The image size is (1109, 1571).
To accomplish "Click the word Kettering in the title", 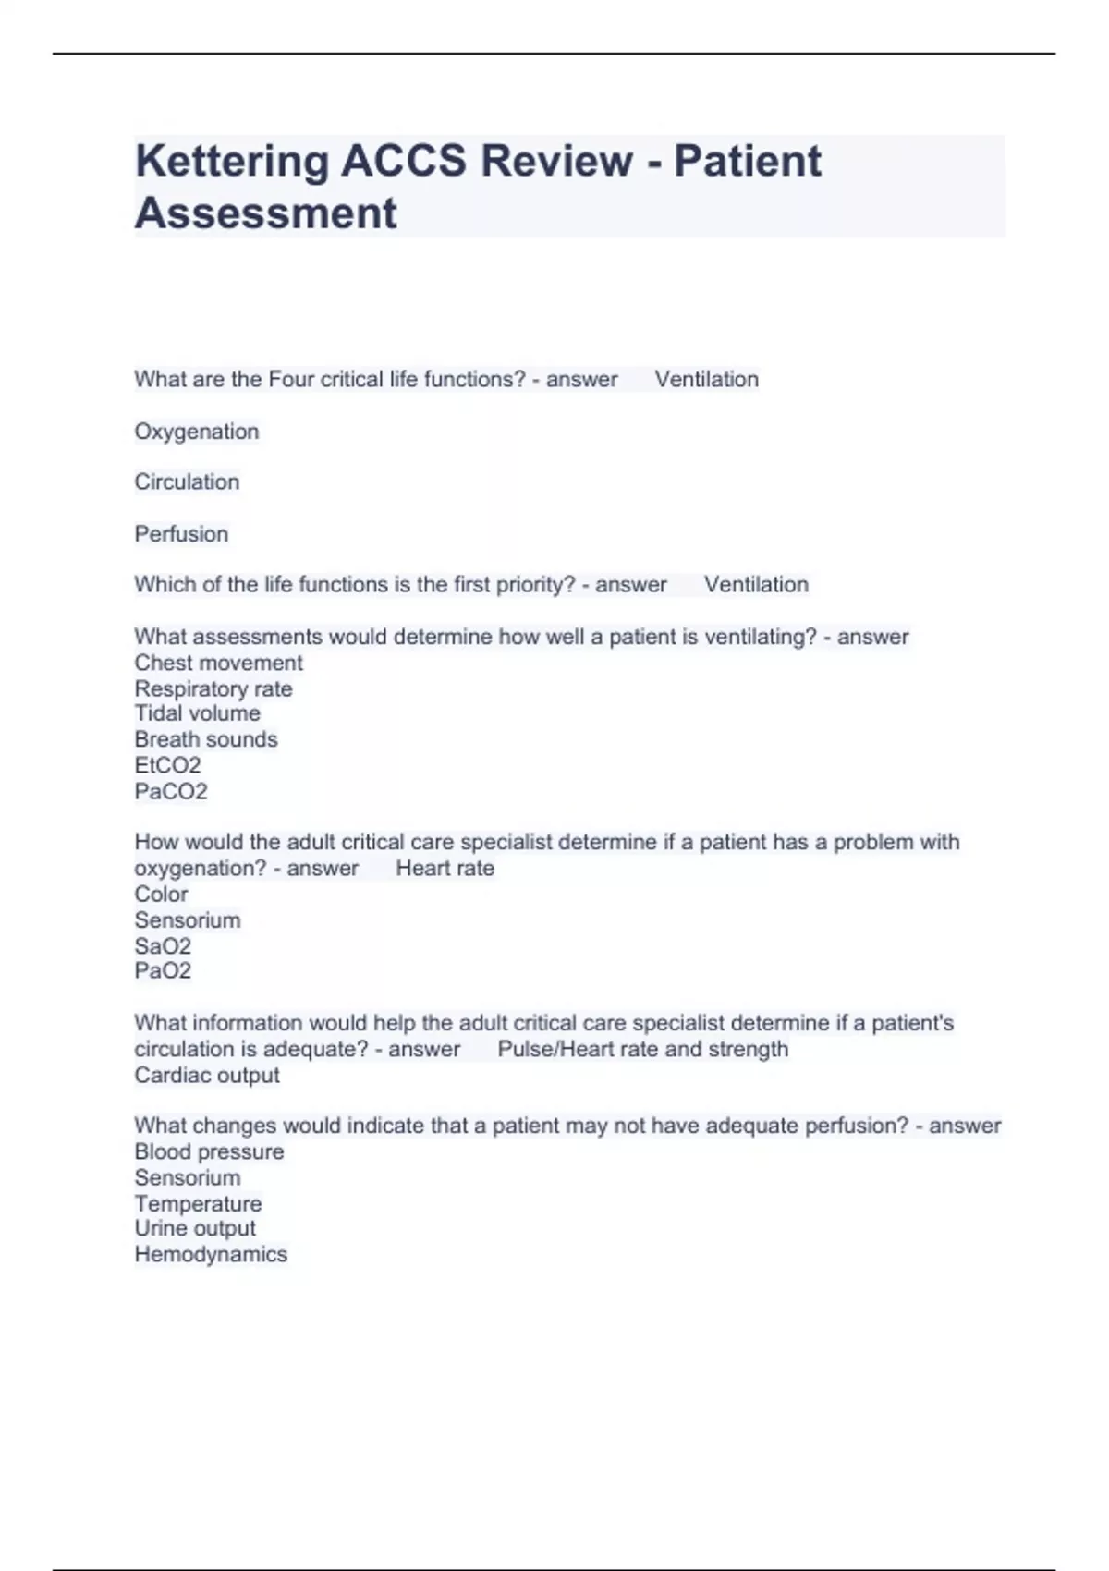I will click(232, 162).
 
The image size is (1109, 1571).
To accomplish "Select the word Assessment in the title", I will click(266, 213).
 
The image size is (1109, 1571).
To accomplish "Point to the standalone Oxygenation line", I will click(197, 432).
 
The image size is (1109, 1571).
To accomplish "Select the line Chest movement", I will click(218, 663).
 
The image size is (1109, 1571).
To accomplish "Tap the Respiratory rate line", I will click(213, 688).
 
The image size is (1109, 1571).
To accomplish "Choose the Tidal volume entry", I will click(197, 713).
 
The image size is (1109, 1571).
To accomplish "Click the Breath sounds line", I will click(206, 739).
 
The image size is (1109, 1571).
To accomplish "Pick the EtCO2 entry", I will click(167, 765).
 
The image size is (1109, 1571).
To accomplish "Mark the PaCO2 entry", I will click(171, 791).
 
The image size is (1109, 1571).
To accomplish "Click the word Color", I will click(161, 895).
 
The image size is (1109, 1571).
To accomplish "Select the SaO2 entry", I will click(163, 946).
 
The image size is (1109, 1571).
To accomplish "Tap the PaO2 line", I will click(163, 970).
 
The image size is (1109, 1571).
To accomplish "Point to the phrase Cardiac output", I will click(207, 1075).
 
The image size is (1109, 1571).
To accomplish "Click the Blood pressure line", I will click(209, 1151).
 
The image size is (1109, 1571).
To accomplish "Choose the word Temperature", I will click(198, 1203).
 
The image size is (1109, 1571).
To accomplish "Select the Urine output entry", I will click(195, 1228).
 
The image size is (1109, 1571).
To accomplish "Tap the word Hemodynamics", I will click(211, 1254).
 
